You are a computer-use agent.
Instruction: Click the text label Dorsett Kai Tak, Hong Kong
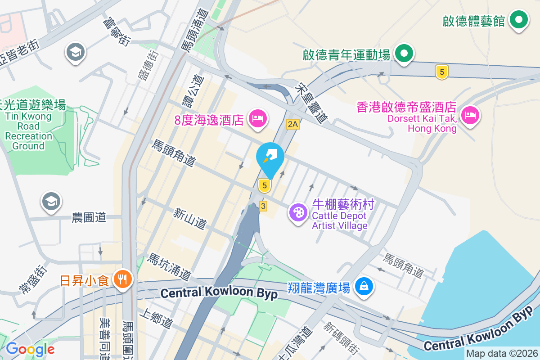pos(432,124)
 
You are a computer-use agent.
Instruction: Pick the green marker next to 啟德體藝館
pos(519,20)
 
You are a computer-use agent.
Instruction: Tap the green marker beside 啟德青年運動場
pos(404,54)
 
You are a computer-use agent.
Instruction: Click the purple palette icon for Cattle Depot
pos(298,211)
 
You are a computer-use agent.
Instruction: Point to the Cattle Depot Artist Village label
pos(340,220)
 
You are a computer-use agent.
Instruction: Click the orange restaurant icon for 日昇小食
pos(121,280)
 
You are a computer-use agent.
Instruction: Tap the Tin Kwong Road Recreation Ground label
pos(29,131)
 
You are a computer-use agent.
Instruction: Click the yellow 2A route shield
pos(292,124)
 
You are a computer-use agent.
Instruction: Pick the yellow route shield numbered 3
pos(263,206)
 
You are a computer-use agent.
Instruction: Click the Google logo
pos(30,349)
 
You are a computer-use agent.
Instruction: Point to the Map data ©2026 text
pos(502,354)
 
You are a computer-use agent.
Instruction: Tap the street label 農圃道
pos(89,218)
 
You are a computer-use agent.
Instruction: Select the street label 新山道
pos(189,218)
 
